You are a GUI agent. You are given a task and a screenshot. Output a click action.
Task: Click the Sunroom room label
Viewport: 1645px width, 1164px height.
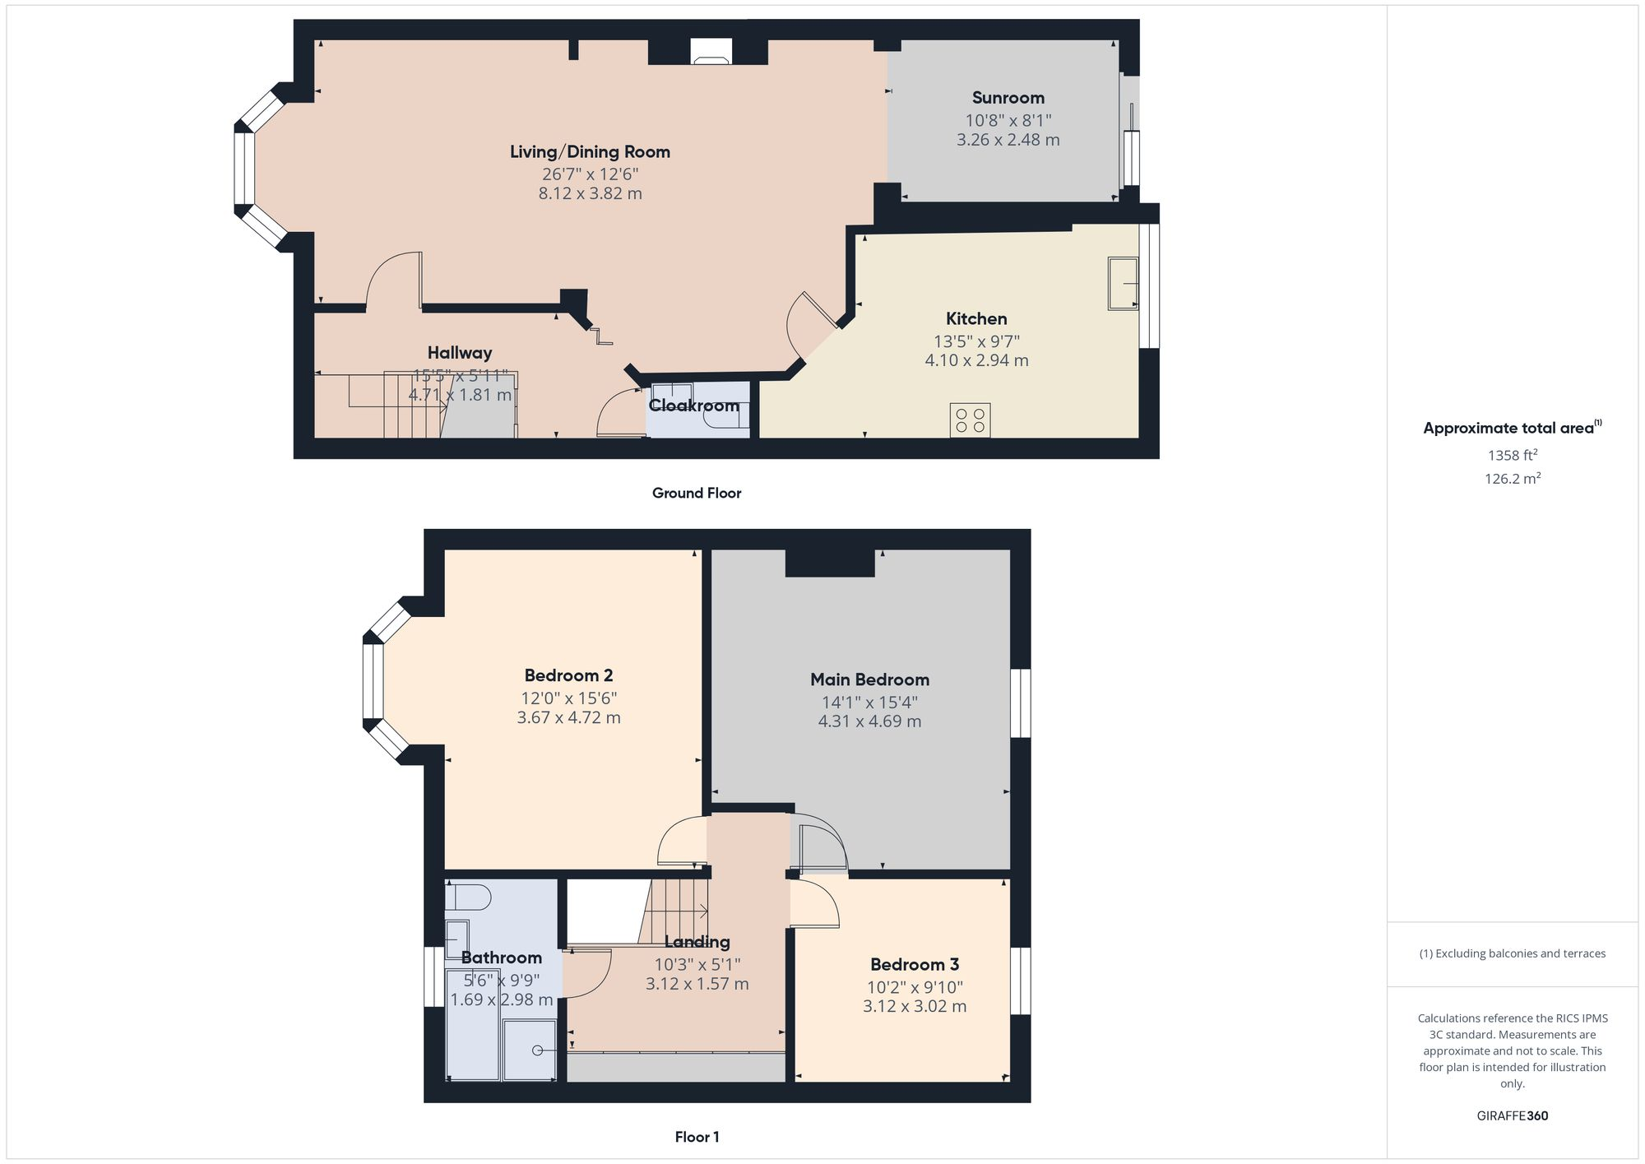(x=1008, y=98)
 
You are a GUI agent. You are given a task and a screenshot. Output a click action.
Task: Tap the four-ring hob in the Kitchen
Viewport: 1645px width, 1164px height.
(x=970, y=420)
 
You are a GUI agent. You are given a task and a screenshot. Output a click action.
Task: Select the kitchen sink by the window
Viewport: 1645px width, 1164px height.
(x=1123, y=283)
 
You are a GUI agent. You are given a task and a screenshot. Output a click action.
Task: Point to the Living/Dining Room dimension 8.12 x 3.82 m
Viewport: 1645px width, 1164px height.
(x=590, y=194)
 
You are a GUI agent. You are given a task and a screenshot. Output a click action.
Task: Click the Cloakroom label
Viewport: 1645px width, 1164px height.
(x=693, y=406)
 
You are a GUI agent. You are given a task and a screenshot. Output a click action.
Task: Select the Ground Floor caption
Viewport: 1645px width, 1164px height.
(x=696, y=493)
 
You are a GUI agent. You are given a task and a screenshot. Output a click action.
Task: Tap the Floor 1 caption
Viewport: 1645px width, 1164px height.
(x=696, y=1137)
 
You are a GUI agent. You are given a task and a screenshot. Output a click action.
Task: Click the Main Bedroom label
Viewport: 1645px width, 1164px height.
(x=869, y=679)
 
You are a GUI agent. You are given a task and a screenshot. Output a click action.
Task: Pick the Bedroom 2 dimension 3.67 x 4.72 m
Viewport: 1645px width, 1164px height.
(x=568, y=717)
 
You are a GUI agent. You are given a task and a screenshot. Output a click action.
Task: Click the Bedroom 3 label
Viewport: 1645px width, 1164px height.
(x=915, y=964)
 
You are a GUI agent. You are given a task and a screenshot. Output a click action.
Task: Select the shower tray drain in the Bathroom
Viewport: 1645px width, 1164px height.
(x=537, y=1050)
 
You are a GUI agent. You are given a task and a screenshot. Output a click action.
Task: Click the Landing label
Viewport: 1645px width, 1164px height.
(x=697, y=942)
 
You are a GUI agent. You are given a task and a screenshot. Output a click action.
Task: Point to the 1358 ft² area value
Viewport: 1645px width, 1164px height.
(x=1512, y=455)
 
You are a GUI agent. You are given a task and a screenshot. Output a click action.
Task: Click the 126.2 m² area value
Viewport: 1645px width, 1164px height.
(x=1512, y=479)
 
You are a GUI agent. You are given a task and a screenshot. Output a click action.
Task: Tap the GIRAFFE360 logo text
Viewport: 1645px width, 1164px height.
(x=1512, y=1115)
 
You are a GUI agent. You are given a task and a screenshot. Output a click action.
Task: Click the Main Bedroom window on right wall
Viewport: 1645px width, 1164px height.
(x=1020, y=703)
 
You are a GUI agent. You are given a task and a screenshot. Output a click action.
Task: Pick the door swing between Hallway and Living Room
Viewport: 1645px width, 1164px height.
(x=393, y=280)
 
